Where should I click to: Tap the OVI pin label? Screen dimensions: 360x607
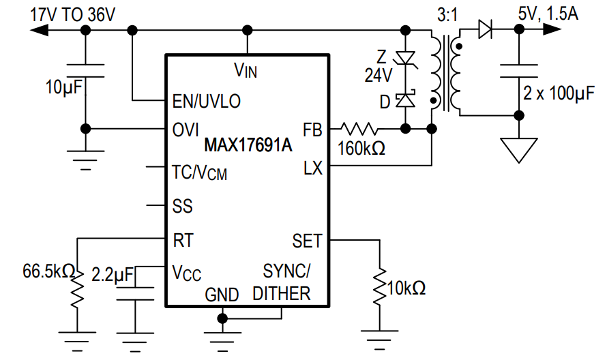tap(186, 129)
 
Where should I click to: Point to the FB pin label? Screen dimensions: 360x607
tap(312, 129)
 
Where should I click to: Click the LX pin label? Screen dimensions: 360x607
tap(312, 168)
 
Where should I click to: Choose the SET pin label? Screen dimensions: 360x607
tap(307, 241)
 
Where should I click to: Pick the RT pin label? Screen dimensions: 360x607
tap(183, 240)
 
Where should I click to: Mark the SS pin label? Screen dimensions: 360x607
tap(183, 206)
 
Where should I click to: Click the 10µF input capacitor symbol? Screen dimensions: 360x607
tap(85, 72)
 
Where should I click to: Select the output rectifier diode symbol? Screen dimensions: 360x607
tap(486, 29)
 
